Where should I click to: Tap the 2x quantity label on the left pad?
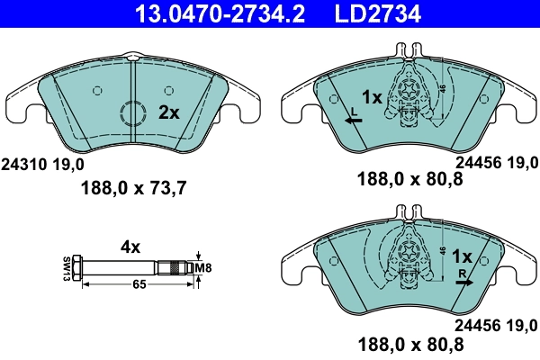click(x=168, y=112)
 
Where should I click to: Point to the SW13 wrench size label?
click(x=67, y=267)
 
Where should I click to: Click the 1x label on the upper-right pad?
click(x=373, y=96)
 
